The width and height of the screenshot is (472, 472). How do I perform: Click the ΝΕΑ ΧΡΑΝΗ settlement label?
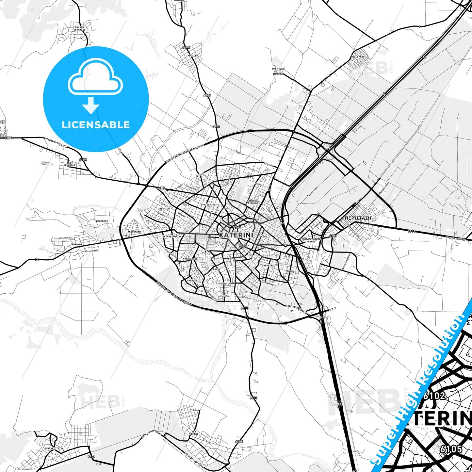(358, 57)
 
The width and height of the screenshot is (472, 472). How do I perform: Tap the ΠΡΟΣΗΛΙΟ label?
(102, 221)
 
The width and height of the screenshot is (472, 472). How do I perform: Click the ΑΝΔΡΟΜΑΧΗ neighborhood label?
(134, 231)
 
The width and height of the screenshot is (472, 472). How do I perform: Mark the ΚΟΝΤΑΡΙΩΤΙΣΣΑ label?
(54, 448)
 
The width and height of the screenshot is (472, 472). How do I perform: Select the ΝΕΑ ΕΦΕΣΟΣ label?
(194, 433)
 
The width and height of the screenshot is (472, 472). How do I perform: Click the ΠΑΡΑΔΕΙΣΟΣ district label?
(194, 280)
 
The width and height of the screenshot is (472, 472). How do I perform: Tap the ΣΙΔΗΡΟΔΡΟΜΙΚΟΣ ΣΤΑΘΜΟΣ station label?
(310, 240)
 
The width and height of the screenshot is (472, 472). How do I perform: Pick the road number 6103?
(161, 188)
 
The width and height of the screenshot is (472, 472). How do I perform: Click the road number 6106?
(91, 456)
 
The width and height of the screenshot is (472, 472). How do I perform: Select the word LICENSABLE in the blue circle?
(96, 125)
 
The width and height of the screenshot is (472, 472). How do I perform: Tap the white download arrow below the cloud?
(91, 106)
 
